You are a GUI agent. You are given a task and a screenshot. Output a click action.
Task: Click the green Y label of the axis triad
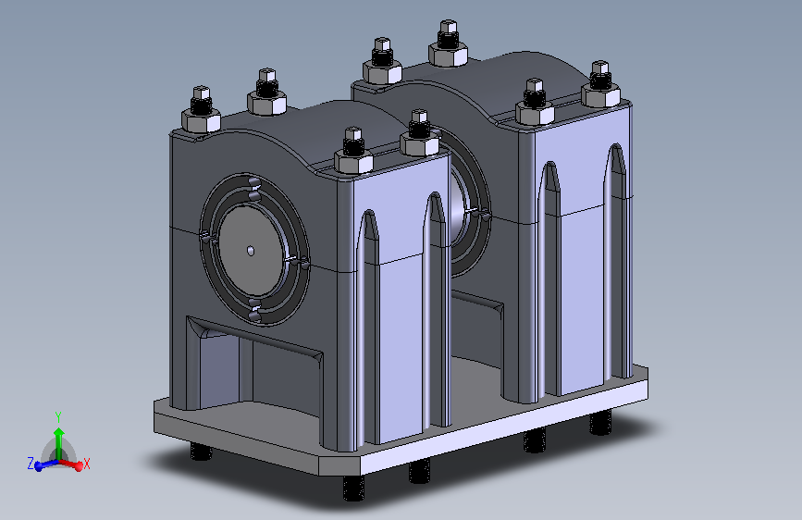click(x=57, y=416)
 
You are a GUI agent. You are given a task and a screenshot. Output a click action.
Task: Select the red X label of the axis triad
click(x=86, y=464)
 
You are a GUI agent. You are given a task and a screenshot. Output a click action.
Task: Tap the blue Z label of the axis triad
click(x=31, y=462)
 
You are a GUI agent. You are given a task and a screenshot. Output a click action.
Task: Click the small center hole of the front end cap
click(x=251, y=249)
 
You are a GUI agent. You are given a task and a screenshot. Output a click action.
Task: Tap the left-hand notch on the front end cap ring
click(x=205, y=238)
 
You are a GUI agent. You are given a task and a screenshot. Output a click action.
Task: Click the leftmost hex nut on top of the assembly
click(x=201, y=120)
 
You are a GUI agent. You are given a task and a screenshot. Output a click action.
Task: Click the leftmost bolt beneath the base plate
click(x=198, y=452)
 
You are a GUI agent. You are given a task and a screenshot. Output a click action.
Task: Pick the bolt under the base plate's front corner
click(x=352, y=488)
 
